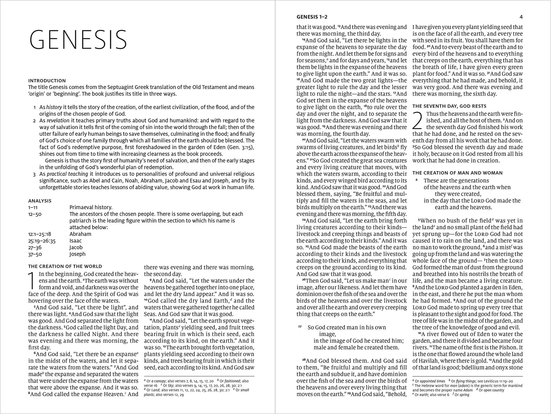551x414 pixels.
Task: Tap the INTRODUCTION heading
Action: [47, 81]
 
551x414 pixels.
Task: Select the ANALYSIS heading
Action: [40, 201]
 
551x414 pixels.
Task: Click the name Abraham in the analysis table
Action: [80, 234]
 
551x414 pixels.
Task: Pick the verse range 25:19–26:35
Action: [42, 241]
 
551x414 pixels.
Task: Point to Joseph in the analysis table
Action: [77, 254]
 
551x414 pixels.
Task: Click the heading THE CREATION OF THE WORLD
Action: [65, 266]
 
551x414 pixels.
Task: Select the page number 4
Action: [521, 17]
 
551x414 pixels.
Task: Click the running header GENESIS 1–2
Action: [312, 17]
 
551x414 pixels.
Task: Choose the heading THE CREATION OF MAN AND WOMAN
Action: [458, 173]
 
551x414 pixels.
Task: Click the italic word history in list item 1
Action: [54, 107]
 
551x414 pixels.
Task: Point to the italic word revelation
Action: [58, 121]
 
